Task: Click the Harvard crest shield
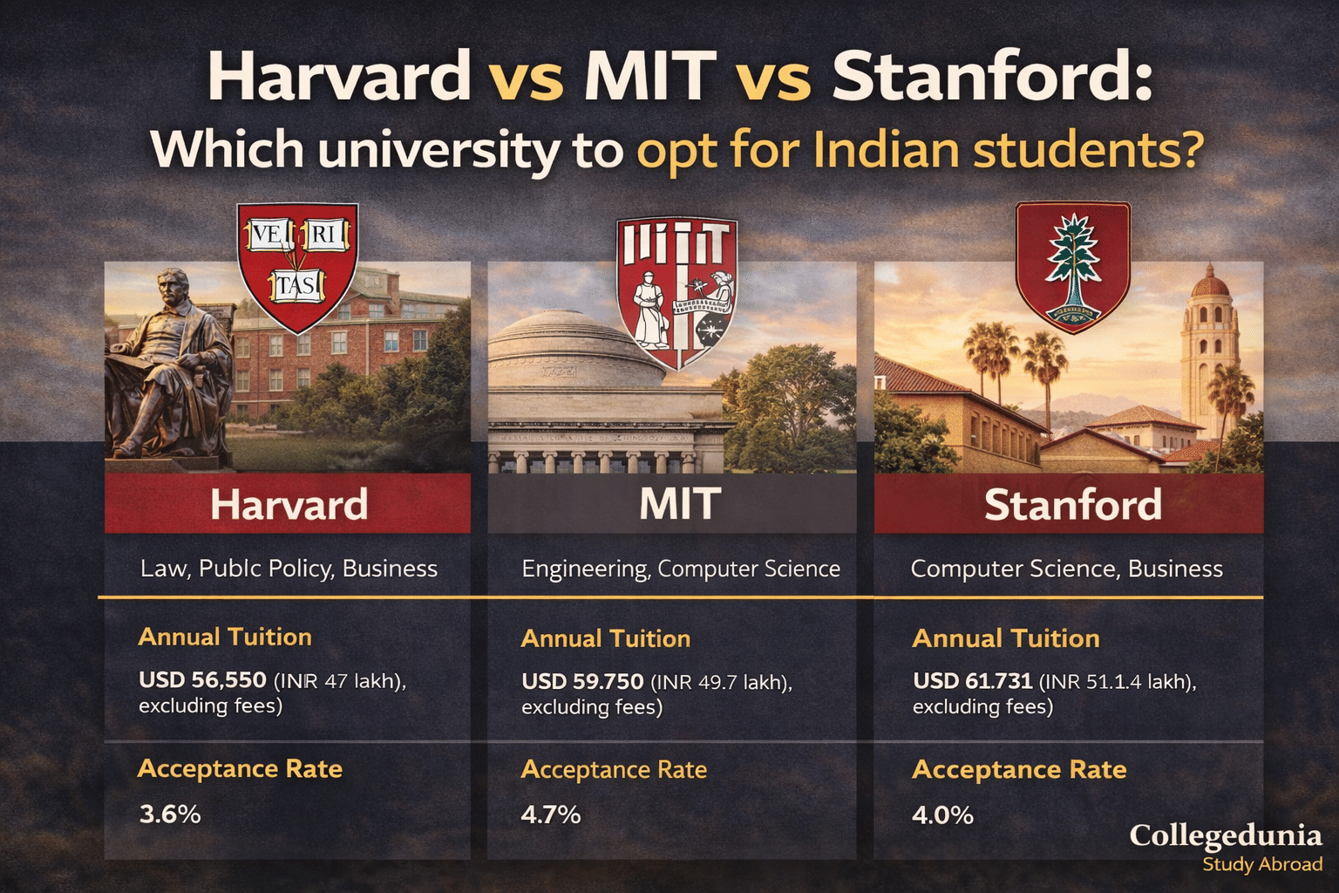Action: [297, 266]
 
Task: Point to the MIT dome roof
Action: [558, 349]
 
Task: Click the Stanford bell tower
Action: [1209, 349]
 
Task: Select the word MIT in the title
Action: [649, 76]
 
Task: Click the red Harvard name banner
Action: [288, 504]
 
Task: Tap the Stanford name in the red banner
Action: [1072, 505]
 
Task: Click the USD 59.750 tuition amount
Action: [582, 681]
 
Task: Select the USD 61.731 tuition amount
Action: [972, 681]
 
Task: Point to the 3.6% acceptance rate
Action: [170, 815]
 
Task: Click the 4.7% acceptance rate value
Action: [551, 815]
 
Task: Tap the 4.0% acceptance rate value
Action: [942, 815]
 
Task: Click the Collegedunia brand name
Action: [1225, 835]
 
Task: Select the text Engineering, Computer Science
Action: [681, 569]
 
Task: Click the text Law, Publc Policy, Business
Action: [289, 569]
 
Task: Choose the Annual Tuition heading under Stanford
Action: [1005, 638]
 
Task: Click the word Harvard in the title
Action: [339, 76]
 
